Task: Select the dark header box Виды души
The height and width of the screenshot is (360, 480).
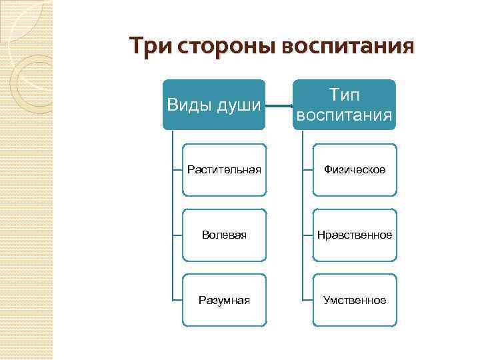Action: point(213,105)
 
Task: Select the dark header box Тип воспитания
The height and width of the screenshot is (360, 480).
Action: point(343,105)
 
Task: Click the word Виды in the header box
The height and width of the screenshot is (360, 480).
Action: point(189,105)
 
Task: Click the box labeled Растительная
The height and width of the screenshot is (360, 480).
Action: point(224,171)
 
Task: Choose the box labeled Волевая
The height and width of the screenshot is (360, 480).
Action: point(224,235)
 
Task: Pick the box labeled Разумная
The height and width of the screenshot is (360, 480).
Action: point(224,301)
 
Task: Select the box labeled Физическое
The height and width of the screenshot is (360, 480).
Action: point(355,171)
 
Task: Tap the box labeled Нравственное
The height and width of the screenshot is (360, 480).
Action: point(355,235)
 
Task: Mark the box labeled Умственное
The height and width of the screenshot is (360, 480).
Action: point(355,301)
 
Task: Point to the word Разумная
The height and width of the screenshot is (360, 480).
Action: point(224,301)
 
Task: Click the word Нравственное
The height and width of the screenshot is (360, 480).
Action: point(355,235)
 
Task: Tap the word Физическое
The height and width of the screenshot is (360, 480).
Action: point(355,171)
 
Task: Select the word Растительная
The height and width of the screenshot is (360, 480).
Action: point(224,171)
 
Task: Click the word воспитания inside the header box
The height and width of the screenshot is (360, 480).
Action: point(343,116)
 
